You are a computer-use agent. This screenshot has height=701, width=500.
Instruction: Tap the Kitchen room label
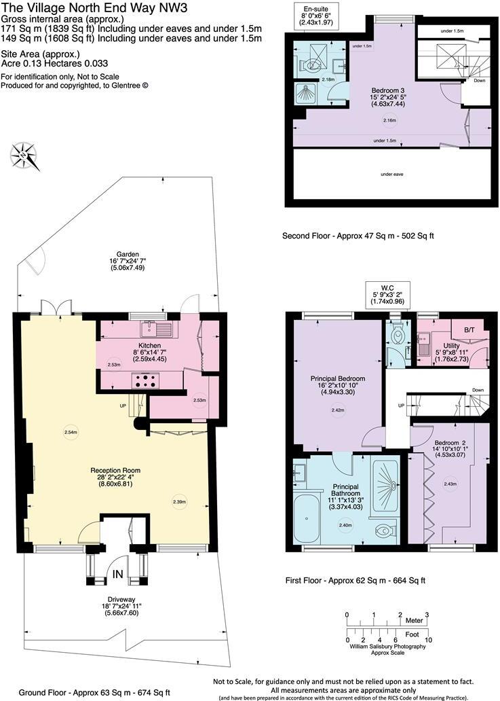pos(149,345)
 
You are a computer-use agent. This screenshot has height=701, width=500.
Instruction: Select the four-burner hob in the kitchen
pos(144,380)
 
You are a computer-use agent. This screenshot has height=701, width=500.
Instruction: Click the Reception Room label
pos(116,469)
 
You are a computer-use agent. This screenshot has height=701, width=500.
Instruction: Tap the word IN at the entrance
pos(117,575)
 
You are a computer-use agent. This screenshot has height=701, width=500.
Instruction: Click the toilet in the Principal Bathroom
pos(385,527)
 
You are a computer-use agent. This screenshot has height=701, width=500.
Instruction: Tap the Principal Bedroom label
pos(339,378)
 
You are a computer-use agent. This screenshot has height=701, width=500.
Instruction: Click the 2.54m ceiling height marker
pos(72,432)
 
